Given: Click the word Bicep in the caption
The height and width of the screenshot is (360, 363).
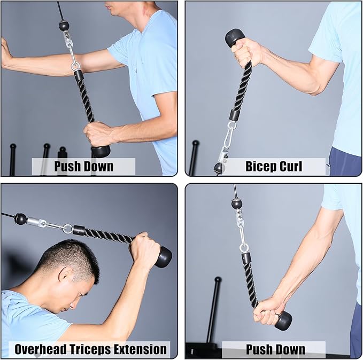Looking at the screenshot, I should pos(260,166).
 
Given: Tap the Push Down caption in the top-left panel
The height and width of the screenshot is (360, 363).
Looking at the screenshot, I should pos(83,166).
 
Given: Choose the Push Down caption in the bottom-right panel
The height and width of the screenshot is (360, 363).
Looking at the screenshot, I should pos(275,350).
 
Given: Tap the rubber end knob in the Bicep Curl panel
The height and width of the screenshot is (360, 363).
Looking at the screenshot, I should pos(235,37).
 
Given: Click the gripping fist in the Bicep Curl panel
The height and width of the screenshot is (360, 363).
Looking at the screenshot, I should pos(247,52).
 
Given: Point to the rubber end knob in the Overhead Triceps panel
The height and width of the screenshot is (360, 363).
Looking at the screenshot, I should pos(163,257).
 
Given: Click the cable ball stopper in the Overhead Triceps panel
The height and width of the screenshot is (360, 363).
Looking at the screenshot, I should pos(21,218).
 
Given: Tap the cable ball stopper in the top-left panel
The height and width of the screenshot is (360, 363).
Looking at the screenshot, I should pos(64,25).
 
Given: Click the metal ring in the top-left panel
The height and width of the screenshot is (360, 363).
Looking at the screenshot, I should pos(75,66).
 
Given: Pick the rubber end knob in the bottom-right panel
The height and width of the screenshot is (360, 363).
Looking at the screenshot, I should pos(283,320).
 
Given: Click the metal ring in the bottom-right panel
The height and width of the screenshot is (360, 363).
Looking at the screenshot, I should pos(244,247).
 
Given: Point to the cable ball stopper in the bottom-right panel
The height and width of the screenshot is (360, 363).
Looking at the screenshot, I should pos(236,203).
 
